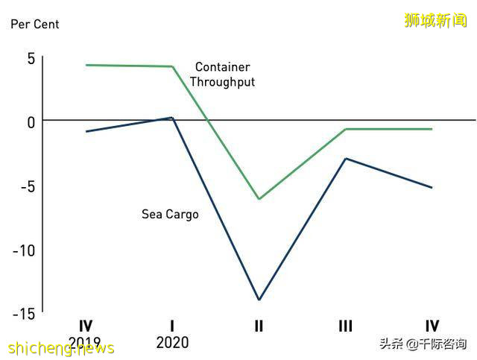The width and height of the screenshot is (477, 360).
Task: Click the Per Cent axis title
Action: [34, 24]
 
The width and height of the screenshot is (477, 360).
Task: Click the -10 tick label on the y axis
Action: [24, 250]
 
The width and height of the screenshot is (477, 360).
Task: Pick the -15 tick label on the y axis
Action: [24, 314]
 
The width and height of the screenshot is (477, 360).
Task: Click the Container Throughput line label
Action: [222, 75]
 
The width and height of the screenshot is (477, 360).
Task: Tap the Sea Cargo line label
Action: [170, 215]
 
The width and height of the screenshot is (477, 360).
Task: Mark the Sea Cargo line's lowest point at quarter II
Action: [259, 300]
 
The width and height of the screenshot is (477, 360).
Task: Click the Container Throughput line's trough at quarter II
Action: [259, 199]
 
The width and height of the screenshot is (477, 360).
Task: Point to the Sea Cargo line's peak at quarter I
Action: [171, 118]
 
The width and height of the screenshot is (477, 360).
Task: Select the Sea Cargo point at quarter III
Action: [345, 159]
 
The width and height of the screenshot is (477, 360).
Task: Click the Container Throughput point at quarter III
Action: [345, 129]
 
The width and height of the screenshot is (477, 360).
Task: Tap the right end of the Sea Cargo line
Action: [432, 188]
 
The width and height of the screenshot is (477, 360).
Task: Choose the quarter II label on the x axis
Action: [259, 326]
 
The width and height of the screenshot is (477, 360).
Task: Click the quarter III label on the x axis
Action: [345, 326]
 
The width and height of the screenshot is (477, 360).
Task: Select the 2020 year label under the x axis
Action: [172, 343]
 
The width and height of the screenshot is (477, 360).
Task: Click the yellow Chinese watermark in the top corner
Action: [436, 20]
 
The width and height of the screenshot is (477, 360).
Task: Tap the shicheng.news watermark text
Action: [61, 348]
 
